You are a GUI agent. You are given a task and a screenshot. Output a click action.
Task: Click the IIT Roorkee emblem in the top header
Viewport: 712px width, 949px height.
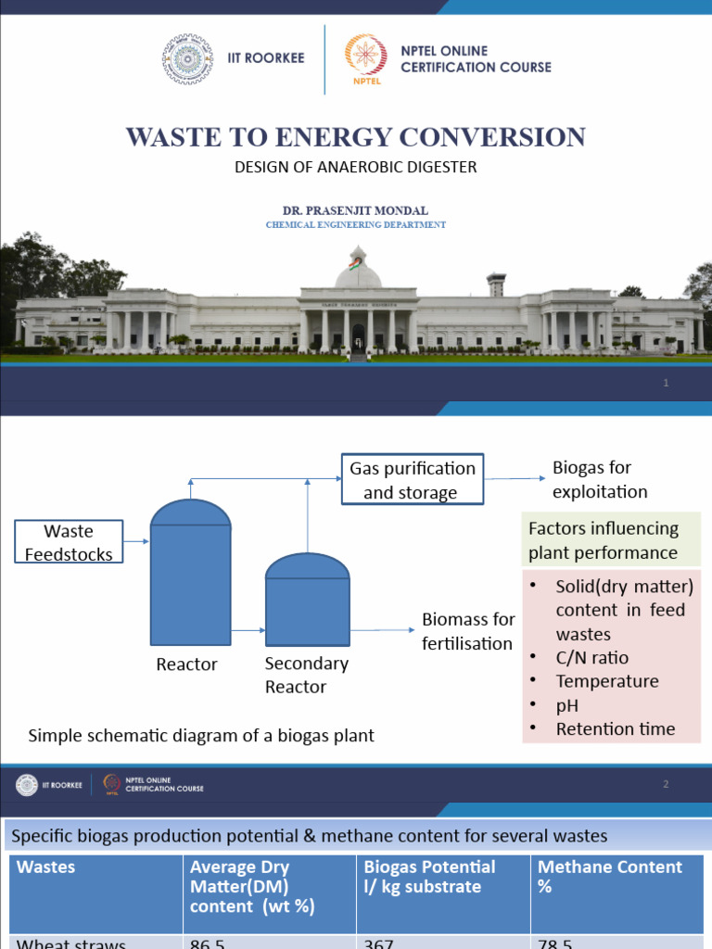[187, 58]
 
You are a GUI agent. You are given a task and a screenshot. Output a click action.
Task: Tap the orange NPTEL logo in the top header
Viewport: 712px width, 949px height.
[361, 58]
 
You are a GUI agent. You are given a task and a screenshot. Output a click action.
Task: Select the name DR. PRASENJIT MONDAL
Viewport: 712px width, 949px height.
[355, 211]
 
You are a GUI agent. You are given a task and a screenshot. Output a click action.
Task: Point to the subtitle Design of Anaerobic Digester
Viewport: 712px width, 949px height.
[355, 167]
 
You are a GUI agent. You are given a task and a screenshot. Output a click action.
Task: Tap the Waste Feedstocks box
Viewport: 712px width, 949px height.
[69, 543]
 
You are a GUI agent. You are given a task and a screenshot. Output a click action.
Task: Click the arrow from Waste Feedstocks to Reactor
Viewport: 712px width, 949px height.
[136, 541]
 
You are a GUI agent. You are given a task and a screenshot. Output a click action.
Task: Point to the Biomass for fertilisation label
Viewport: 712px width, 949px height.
[468, 631]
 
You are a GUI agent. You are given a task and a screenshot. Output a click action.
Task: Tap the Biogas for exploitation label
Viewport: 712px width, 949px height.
[600, 479]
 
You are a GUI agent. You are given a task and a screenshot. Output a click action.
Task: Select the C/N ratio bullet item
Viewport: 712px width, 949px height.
[591, 658]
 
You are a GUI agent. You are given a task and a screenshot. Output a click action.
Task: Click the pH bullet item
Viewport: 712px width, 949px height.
[566, 705]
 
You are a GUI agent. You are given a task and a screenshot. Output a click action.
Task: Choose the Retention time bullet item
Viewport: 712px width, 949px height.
[615, 729]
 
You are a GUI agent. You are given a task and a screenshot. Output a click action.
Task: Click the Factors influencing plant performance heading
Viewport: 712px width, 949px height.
[604, 540]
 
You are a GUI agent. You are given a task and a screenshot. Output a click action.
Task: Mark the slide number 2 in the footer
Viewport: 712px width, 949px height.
[666, 785]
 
